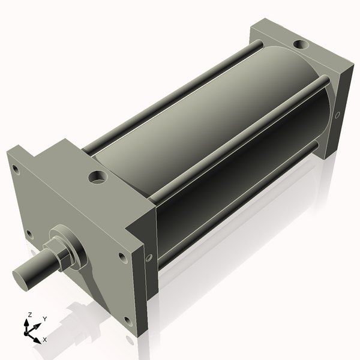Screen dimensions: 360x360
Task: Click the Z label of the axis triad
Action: pos(30,314)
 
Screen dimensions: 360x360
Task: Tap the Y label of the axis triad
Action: pos(45,319)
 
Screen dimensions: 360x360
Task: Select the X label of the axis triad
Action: pos(45,340)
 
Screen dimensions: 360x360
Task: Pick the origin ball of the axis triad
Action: pos(28,332)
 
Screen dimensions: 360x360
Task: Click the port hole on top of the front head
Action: pos(97,177)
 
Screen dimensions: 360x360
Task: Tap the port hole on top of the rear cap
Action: pos(300,44)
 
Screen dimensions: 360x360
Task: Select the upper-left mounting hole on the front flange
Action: pos(16,170)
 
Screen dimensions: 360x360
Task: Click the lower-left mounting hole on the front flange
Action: pos(29,234)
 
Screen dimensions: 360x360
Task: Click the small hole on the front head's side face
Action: pos(149,257)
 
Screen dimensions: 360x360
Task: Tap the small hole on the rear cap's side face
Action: pos(338,114)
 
